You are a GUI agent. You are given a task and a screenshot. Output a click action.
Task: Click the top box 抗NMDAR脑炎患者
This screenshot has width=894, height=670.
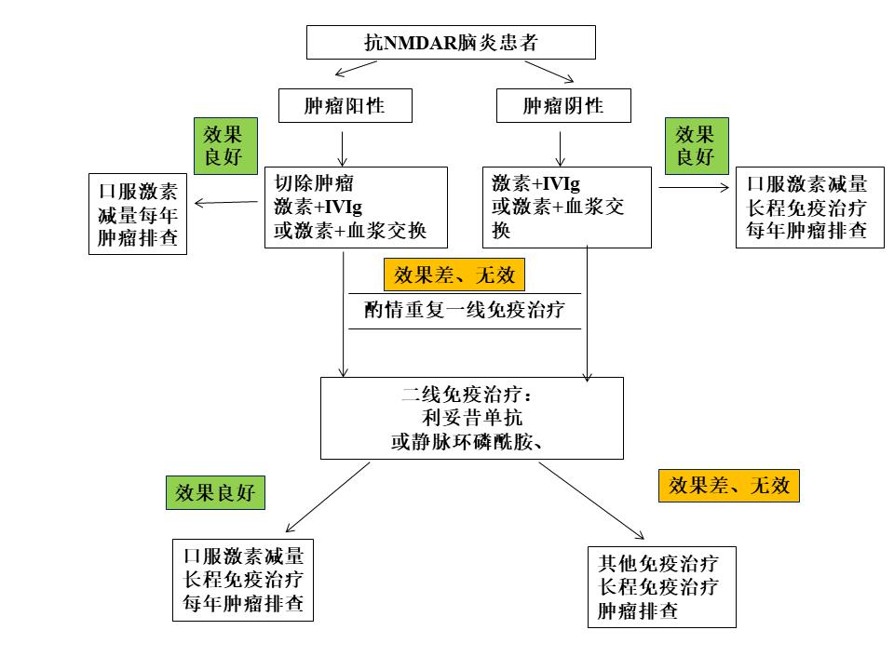pyautogui.click(x=451, y=42)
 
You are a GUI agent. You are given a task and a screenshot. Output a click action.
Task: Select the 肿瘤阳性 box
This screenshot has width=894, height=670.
pyautogui.click(x=345, y=106)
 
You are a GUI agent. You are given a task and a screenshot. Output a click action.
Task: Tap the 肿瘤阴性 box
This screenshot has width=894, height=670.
pyautogui.click(x=563, y=106)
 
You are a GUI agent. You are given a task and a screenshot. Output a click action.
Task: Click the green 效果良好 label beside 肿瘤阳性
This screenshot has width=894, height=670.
pyautogui.click(x=223, y=145)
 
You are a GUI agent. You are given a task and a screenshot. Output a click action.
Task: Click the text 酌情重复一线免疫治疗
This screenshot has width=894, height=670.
pyautogui.click(x=465, y=310)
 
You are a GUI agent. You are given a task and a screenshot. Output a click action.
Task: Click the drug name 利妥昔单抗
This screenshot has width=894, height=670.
pyautogui.click(x=472, y=419)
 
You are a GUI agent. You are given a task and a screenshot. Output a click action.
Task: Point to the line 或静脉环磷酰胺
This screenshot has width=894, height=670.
pyautogui.click(x=467, y=442)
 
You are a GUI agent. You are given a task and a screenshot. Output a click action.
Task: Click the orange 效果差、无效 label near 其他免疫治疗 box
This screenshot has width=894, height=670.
pyautogui.click(x=729, y=485)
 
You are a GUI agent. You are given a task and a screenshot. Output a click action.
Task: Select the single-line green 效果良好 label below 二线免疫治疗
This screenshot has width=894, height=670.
pyautogui.click(x=214, y=492)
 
